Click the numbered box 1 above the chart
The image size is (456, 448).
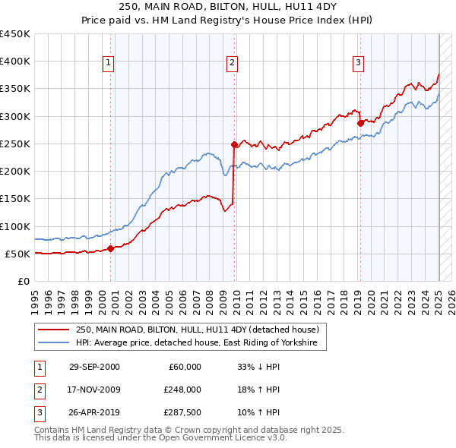(109, 63)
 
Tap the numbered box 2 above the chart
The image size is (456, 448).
(233, 63)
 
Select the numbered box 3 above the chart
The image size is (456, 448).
(358, 63)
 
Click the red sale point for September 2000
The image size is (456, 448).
(111, 248)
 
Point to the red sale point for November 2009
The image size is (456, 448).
(234, 144)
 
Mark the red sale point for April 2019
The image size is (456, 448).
(359, 122)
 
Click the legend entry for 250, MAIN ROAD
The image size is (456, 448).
(201, 330)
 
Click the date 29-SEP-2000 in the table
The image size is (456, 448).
(94, 367)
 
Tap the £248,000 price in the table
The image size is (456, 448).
(182, 390)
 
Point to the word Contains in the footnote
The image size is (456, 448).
(53, 430)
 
